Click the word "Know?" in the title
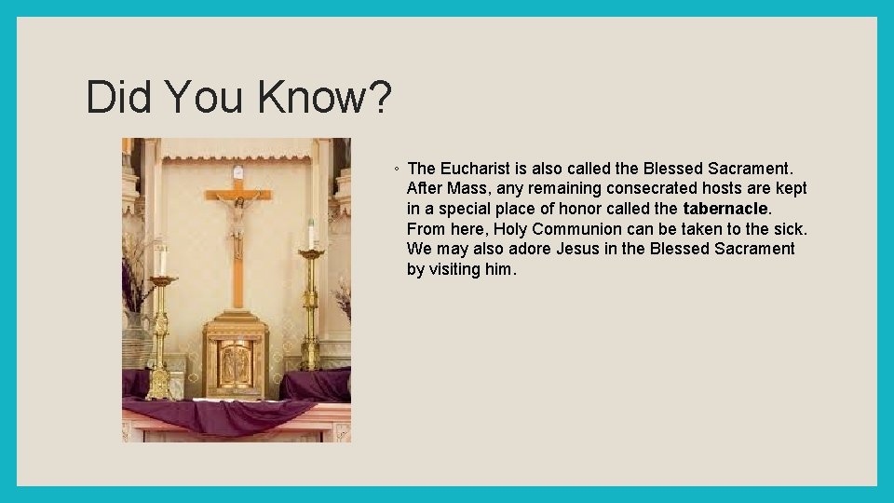pos(325,98)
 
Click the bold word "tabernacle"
pos(725,209)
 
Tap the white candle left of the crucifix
pos(164,261)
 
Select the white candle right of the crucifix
pos(310,234)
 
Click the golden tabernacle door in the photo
pos(236,363)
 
